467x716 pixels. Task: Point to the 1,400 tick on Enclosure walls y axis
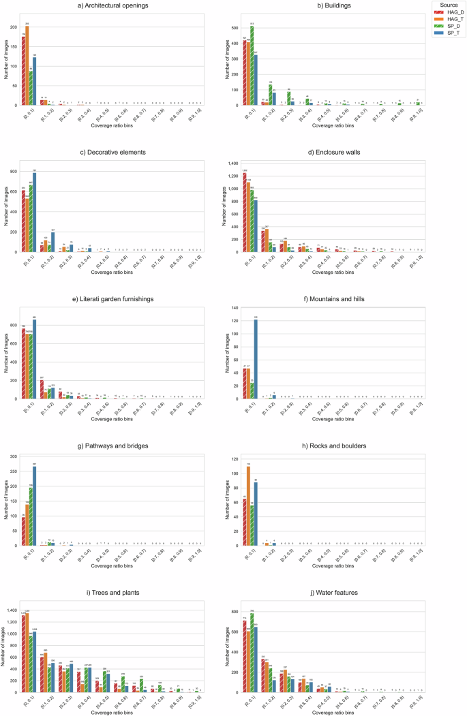(x=232, y=164)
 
